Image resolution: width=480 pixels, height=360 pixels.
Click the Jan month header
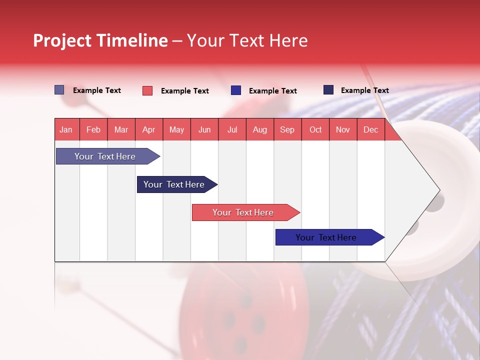coord(66,130)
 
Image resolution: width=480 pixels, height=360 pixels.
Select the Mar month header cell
coord(121,130)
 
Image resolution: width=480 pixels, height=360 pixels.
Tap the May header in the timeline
coord(176,130)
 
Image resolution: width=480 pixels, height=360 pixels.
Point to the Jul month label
coord(232,130)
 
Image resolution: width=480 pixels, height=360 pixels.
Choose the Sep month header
coord(287,130)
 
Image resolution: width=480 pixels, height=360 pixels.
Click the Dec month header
coord(370,130)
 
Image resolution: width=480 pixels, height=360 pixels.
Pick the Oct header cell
coord(315,130)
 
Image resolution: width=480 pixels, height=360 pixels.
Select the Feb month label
coord(93,130)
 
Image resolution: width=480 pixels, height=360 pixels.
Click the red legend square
coord(147,90)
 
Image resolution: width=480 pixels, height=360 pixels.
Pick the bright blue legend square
coord(236,90)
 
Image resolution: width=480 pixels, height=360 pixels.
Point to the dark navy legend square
coord(328,90)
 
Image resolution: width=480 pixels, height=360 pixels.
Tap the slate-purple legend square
coord(59,90)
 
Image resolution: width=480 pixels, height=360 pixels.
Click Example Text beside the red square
coord(184,91)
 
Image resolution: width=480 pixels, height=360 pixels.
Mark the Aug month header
coord(259,130)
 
